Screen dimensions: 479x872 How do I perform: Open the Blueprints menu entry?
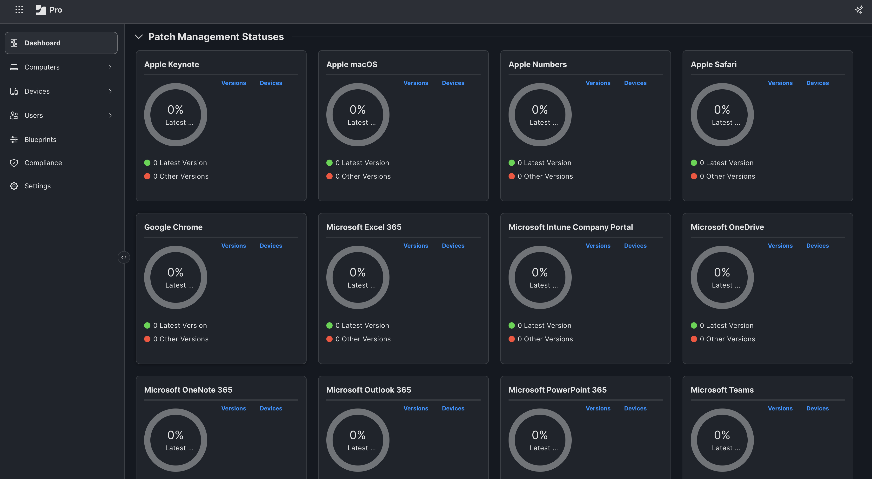click(40, 140)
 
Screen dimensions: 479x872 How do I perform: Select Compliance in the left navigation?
click(43, 163)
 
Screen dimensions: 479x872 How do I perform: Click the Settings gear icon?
click(14, 186)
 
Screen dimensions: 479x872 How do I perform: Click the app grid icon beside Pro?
click(19, 10)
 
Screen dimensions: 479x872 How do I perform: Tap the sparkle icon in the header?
click(859, 10)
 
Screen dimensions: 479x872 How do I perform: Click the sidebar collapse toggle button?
click(124, 257)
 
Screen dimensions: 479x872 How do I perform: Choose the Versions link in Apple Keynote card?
click(234, 83)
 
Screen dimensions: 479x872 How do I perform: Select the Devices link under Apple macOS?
click(453, 83)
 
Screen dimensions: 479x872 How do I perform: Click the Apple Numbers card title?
click(537, 64)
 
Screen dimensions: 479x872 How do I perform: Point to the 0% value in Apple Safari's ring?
click(722, 110)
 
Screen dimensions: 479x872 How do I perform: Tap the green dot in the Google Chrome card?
click(147, 325)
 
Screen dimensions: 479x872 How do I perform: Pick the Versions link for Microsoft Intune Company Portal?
click(598, 246)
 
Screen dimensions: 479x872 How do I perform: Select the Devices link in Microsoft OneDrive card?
click(817, 246)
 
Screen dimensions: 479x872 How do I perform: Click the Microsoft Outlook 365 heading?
click(368, 390)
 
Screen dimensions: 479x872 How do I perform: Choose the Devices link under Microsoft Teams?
click(817, 409)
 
